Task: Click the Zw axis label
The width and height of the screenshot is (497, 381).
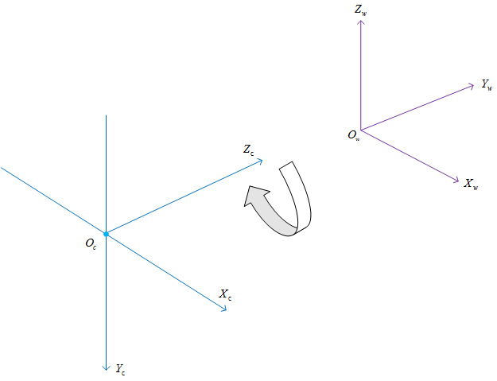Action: click(x=362, y=10)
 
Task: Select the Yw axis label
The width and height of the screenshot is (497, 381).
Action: click(x=487, y=84)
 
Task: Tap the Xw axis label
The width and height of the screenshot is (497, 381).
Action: click(x=471, y=184)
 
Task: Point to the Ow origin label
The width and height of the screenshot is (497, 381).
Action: click(x=353, y=136)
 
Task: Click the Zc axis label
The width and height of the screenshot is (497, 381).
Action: click(x=249, y=150)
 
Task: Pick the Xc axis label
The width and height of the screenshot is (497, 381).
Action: click(x=226, y=295)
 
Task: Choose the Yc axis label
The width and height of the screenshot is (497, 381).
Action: click(x=120, y=369)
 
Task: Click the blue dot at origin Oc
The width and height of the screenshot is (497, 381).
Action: click(x=106, y=234)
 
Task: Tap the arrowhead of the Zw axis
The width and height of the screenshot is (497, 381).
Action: click(x=361, y=23)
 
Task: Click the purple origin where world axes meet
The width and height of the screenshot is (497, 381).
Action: click(x=361, y=130)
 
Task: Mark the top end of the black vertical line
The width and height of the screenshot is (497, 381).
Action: click(x=106, y=115)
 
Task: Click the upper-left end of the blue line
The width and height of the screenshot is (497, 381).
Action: click(x=2, y=168)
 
